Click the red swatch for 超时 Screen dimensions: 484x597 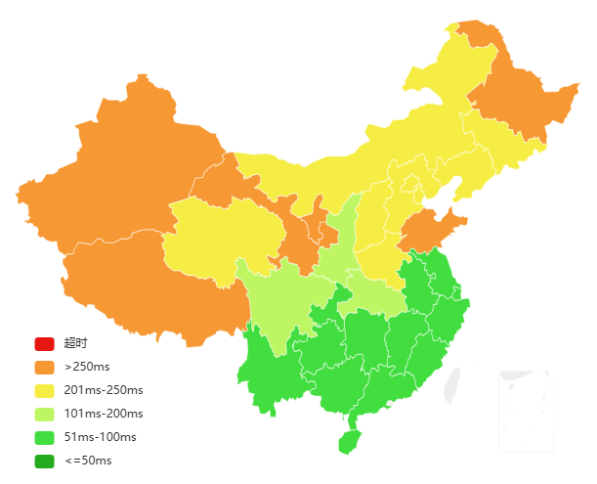[44, 343]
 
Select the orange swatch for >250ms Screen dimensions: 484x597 [44, 367]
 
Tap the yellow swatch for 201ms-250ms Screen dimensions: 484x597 [44, 390]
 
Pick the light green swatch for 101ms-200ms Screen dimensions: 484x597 [44, 414]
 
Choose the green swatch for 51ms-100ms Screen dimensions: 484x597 [44, 437]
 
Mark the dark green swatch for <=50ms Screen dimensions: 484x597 [44, 461]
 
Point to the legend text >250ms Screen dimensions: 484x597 [87, 367]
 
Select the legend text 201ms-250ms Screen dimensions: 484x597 [104, 390]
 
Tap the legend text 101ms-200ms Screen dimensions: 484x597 [104, 414]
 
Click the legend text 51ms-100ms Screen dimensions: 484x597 [100, 437]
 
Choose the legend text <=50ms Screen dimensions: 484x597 [88, 461]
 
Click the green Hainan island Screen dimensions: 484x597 [350, 442]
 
